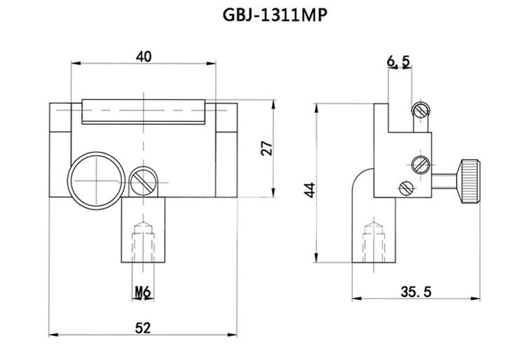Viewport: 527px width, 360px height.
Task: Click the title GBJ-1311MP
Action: click(x=263, y=16)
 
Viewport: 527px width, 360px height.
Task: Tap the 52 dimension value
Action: click(x=144, y=326)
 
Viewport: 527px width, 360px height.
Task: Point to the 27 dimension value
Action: click(x=266, y=148)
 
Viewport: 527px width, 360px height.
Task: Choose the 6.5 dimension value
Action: click(x=398, y=62)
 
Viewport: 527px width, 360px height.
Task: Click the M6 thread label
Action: click(x=143, y=291)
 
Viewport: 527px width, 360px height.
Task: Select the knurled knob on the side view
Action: click(x=470, y=178)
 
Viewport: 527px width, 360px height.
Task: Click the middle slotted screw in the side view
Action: click(x=420, y=164)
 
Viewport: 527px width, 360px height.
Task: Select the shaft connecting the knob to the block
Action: click(x=446, y=179)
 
